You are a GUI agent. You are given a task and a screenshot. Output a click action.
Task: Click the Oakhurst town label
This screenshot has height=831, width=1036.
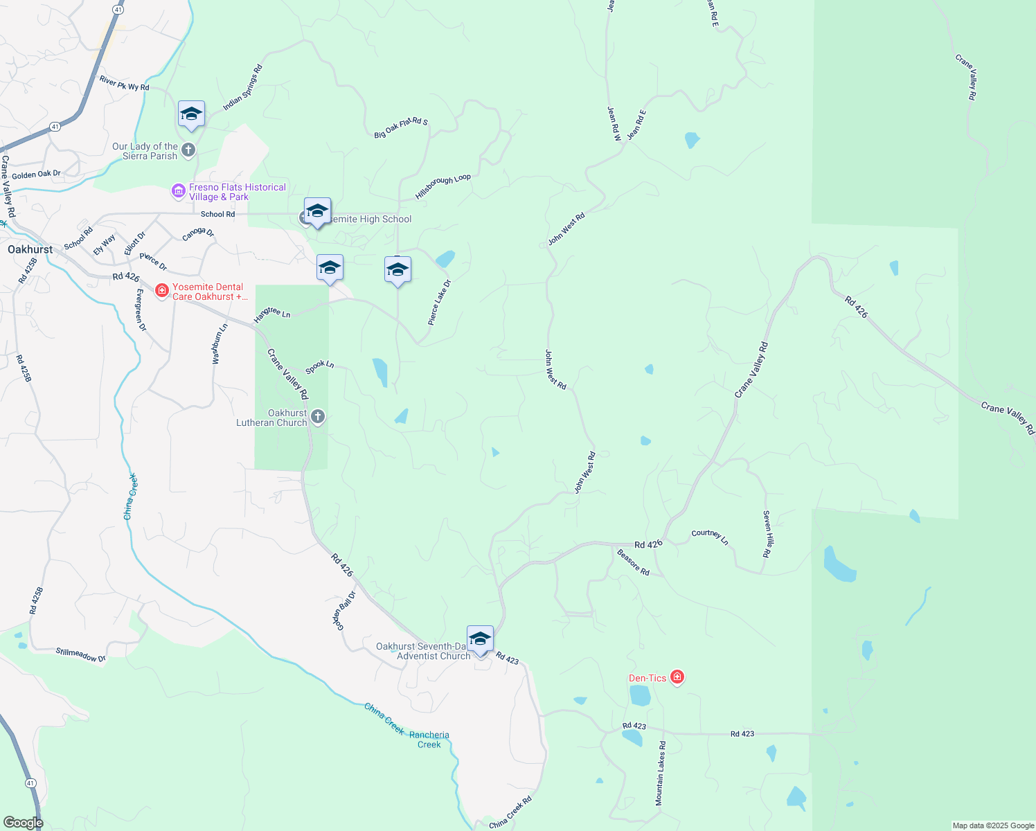click(x=30, y=249)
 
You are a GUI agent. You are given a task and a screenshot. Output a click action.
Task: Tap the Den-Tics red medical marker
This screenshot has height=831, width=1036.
click(x=677, y=677)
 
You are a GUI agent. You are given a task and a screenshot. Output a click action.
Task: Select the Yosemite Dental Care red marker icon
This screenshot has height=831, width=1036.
click(x=162, y=291)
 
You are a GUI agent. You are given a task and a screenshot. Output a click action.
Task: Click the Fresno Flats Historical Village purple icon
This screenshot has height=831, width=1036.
click(x=179, y=190)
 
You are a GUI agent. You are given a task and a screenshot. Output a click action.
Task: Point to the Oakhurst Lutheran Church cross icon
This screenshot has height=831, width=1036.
click(x=318, y=417)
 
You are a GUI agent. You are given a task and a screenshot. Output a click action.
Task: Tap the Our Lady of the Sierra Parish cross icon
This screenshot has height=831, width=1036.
click(x=188, y=150)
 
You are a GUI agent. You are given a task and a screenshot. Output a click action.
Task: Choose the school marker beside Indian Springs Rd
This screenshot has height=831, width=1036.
click(x=191, y=114)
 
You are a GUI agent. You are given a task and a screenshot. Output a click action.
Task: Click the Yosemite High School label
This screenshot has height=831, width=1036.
click(x=370, y=220)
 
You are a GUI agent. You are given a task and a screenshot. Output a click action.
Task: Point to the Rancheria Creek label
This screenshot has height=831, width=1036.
click(x=429, y=740)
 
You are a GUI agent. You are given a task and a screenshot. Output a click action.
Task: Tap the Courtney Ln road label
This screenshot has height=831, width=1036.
click(x=710, y=536)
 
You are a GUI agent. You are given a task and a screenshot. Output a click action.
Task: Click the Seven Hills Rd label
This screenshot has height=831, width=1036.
click(x=767, y=534)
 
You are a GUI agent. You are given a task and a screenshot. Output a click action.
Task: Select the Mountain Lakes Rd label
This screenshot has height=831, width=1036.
click(x=661, y=773)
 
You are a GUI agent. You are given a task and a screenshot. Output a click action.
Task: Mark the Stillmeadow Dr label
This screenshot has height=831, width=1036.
click(x=81, y=654)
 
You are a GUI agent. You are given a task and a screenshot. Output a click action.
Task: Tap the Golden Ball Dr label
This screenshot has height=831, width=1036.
click(x=344, y=610)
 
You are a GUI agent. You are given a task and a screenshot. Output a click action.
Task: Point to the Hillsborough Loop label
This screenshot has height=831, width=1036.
click(x=443, y=186)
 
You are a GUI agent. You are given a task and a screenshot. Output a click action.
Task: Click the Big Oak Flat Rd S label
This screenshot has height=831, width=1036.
click(x=401, y=127)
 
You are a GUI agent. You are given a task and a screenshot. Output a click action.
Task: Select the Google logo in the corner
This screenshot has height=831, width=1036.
click(x=23, y=822)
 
